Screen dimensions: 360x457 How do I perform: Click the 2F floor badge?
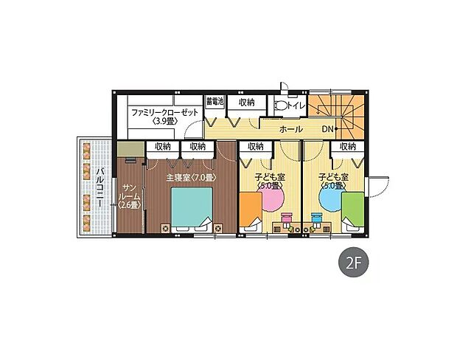tap(352, 261)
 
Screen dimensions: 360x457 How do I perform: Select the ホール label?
tap(291, 129)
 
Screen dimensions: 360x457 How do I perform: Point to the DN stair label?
tap(329, 129)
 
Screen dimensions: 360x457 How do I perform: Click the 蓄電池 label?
tap(214, 102)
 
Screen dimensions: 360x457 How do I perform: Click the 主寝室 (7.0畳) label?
tap(189, 178)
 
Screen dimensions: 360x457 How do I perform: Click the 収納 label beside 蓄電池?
tap(246, 102)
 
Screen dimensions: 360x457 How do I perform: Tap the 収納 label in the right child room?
tap(347, 147)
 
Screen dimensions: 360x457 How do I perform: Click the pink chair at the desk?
tap(286, 219)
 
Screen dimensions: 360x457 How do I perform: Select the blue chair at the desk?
tap(317, 219)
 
